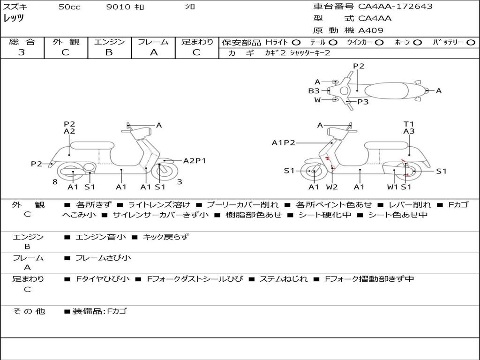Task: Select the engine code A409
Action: [x=371, y=30]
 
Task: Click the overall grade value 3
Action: [x=22, y=52]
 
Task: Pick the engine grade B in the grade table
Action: [x=109, y=52]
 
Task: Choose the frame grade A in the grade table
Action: [x=153, y=52]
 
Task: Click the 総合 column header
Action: [x=22, y=42]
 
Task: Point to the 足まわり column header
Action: [x=197, y=42]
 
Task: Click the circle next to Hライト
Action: [x=296, y=43]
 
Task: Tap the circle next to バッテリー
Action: [x=471, y=43]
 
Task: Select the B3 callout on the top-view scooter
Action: [x=314, y=91]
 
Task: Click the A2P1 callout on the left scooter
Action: [x=195, y=161]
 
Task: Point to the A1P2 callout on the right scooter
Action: [x=283, y=142]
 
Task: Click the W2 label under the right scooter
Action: [x=332, y=187]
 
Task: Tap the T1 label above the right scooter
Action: [x=409, y=124]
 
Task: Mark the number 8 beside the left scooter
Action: [x=55, y=182]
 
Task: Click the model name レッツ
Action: [x=14, y=18]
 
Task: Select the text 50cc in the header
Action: [x=69, y=7]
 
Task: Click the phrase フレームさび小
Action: [x=103, y=258]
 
